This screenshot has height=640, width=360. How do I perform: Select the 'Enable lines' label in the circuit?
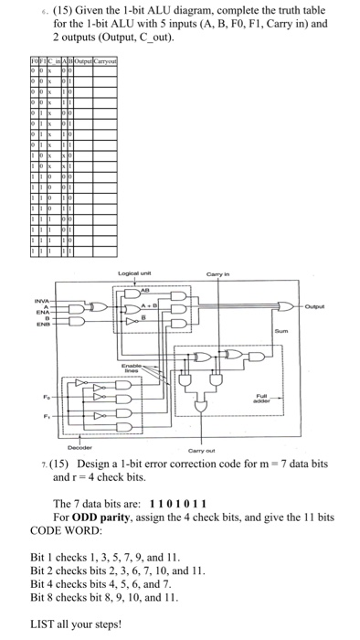coord(170,365)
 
